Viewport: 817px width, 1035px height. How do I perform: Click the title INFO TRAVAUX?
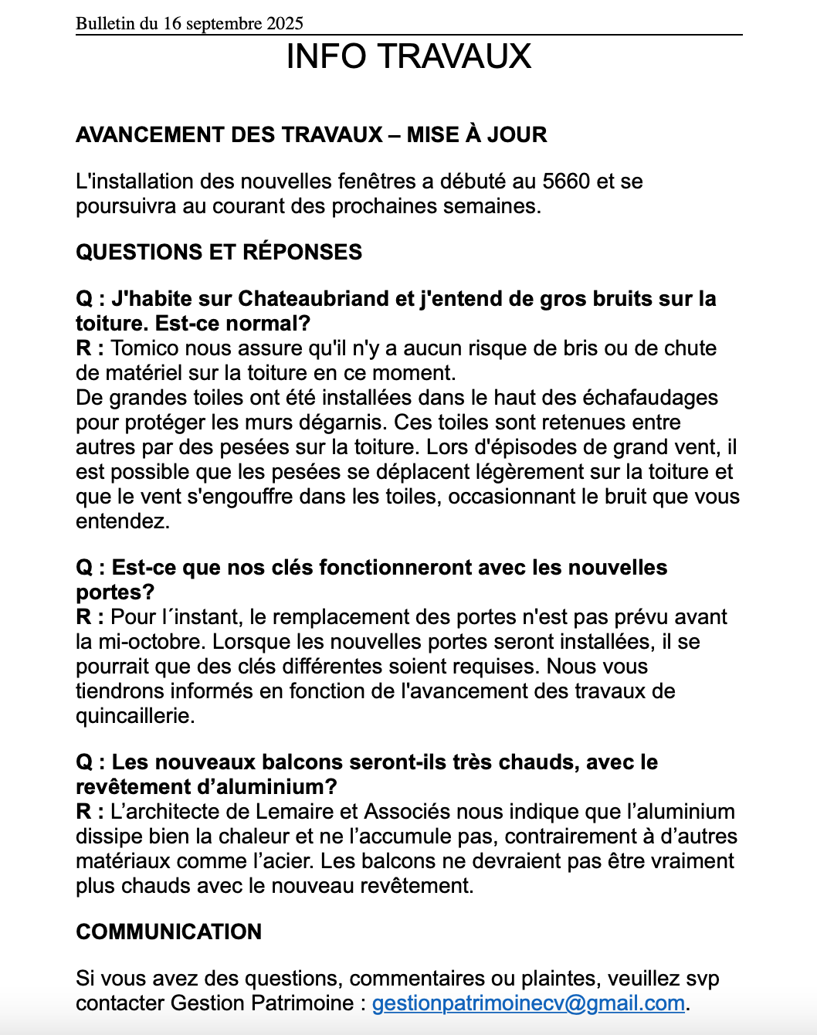click(x=408, y=56)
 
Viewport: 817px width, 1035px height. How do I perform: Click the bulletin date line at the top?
click(x=189, y=23)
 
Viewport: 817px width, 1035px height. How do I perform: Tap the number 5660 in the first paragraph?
click(x=566, y=182)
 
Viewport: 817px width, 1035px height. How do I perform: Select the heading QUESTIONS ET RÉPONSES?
click(x=219, y=252)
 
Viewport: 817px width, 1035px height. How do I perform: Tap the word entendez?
click(x=122, y=521)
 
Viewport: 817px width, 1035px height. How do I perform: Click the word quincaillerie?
click(x=134, y=716)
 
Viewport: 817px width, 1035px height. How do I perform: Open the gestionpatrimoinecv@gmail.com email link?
click(x=528, y=1003)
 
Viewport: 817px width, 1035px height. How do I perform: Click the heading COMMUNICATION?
click(x=168, y=931)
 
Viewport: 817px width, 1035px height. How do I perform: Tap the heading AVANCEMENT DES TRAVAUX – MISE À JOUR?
click(x=311, y=134)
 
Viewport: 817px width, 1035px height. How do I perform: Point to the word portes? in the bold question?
click(x=115, y=592)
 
